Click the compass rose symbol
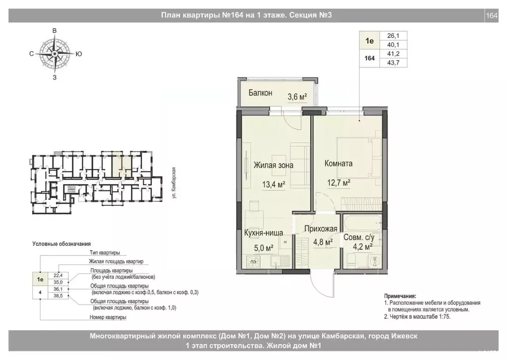coord(55,53)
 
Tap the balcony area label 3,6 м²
coord(298,97)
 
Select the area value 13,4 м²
coord(274,185)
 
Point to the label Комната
coord(338,163)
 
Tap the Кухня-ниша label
coord(263,232)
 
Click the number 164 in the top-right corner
coord(491,15)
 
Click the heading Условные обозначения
coord(61,243)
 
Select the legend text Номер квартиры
coord(108,317)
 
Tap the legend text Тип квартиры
coord(105,253)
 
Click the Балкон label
coord(261,93)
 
